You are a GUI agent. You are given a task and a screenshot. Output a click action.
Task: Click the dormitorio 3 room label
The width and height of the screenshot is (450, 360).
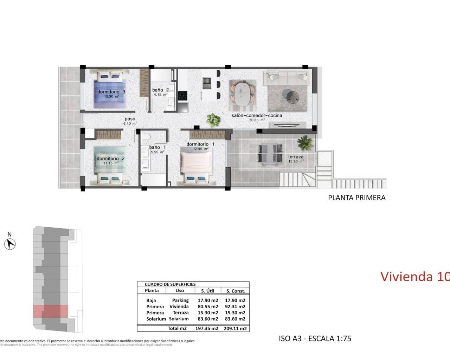(111, 92)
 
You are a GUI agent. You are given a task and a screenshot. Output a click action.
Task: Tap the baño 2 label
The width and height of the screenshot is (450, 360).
(160, 90)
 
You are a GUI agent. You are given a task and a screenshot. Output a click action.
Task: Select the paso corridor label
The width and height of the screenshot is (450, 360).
(130, 119)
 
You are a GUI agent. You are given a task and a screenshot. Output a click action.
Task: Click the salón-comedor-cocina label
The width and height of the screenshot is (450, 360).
(257, 115)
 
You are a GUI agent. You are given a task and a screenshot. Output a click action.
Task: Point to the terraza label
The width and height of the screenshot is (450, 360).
(296, 157)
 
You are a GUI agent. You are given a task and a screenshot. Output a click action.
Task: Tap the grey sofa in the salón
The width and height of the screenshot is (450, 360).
(288, 77)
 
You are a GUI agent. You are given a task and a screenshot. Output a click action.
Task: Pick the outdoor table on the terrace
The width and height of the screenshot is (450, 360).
(270, 153)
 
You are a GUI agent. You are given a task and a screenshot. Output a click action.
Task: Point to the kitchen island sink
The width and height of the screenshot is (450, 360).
(206, 83)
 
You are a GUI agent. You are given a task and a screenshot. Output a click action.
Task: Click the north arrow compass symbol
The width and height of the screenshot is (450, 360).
(10, 243)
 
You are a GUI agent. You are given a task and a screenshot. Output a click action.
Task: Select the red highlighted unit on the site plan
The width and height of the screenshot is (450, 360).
(50, 311)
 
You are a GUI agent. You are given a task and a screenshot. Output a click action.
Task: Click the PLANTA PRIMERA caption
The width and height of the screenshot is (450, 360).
(356, 198)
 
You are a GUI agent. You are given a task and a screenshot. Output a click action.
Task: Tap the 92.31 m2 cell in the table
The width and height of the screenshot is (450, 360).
(235, 307)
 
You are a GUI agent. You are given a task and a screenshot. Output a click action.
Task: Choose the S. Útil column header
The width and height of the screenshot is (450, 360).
(207, 291)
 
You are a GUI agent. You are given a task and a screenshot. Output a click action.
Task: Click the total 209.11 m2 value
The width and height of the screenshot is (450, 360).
(235, 328)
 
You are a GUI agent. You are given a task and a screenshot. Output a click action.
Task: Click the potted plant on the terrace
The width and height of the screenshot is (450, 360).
(304, 143)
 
